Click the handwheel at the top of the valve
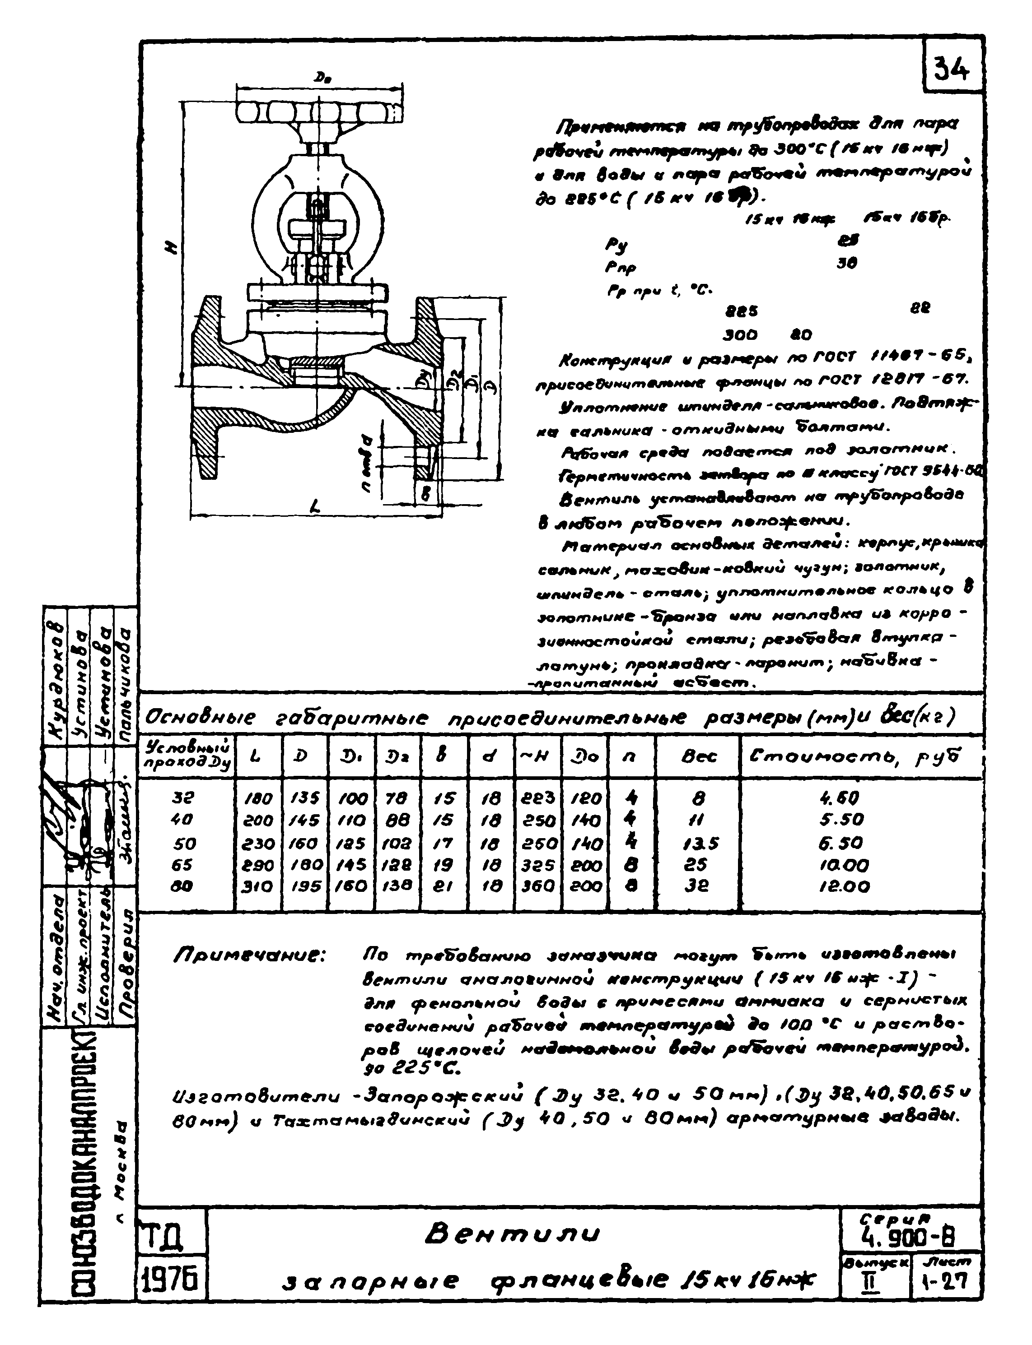click(319, 112)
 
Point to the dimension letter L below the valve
click(315, 505)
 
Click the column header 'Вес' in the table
click(699, 757)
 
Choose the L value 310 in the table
click(258, 886)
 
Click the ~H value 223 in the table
click(537, 798)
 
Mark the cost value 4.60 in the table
click(839, 798)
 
